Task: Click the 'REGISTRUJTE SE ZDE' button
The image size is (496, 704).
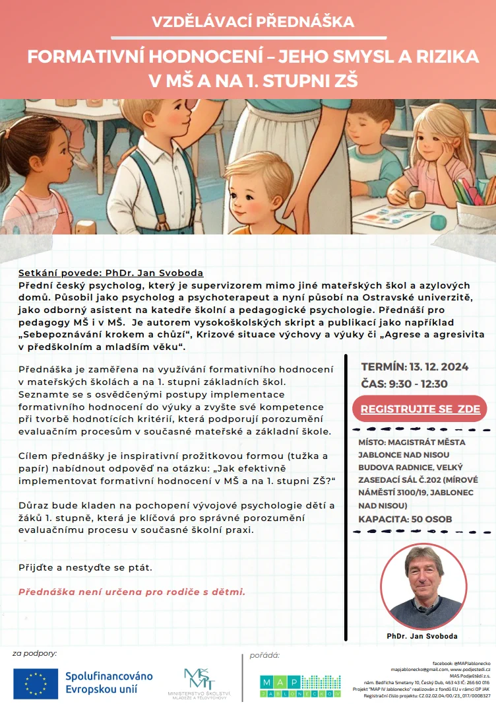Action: [419, 409]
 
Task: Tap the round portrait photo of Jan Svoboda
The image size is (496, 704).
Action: [422, 587]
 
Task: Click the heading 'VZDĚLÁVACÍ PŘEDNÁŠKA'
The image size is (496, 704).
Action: [248, 22]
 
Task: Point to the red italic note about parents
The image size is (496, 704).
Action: [132, 592]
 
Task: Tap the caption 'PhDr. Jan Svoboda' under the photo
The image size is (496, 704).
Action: [422, 636]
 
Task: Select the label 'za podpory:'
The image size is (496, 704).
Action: [34, 653]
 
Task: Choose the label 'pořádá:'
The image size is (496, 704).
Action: [264, 655]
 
